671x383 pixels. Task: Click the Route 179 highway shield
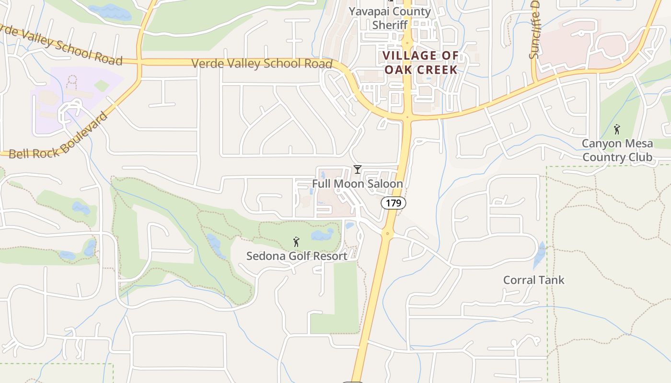393,203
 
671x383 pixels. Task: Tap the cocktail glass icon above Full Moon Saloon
357,169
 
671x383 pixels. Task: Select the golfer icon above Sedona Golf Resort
296,242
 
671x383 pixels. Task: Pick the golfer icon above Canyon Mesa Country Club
617,129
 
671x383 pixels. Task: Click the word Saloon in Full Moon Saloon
382,184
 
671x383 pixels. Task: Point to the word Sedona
266,256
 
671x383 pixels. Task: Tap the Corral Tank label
533,280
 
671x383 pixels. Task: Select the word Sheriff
390,25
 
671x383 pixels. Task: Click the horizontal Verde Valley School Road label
262,64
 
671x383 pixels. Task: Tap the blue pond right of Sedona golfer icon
322,234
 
